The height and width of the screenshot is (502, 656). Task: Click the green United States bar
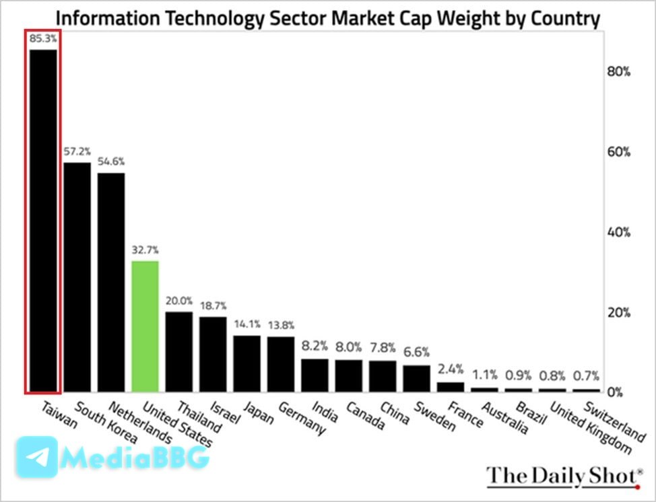pyautogui.click(x=145, y=326)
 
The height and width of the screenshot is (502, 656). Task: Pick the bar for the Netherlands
pyautogui.click(x=111, y=283)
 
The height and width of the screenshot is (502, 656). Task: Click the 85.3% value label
pyautogui.click(x=43, y=39)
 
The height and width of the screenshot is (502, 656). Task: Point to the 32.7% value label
pyautogui.click(x=145, y=250)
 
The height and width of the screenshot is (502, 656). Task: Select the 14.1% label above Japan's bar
pyautogui.click(x=247, y=324)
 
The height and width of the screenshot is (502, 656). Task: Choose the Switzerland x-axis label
pyautogui.click(x=612, y=422)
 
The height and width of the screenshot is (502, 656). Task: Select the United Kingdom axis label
pyautogui.click(x=577, y=428)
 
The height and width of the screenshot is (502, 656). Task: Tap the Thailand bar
pyautogui.click(x=179, y=351)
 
